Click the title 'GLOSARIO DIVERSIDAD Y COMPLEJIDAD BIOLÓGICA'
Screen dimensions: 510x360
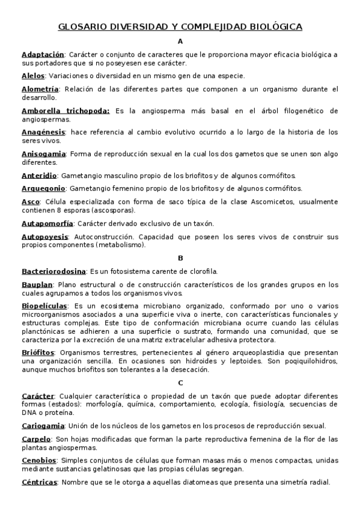tap(180, 27)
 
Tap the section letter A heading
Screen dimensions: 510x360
tap(180, 41)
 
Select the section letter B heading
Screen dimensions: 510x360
tap(180, 258)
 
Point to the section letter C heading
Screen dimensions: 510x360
tap(180, 382)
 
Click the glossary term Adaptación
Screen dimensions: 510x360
tap(43, 55)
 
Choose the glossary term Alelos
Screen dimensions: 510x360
tap(33, 76)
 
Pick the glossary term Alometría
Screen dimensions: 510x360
tap(40, 89)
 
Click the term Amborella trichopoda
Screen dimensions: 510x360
tap(66, 111)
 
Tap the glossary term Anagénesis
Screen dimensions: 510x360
tap(43, 132)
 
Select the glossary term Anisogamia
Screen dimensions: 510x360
tap(44, 153)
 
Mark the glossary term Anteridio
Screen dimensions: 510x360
tap(39, 175)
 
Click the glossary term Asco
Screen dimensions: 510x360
tap(31, 201)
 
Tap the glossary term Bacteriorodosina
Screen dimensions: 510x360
tap(53, 271)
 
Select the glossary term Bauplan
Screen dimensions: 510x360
tap(37, 284)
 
